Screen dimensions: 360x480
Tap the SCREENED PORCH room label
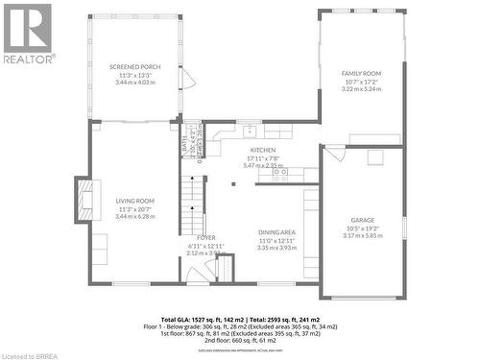(134, 67)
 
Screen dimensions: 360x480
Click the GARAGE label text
(362, 220)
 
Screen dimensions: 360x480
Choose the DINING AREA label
(276, 232)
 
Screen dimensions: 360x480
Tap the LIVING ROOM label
(134, 201)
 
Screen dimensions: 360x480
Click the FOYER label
(206, 237)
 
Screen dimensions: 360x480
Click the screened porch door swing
(188, 79)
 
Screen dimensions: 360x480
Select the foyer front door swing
(199, 275)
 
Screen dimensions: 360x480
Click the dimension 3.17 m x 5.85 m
(362, 235)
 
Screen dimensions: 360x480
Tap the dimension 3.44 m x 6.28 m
(134, 216)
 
